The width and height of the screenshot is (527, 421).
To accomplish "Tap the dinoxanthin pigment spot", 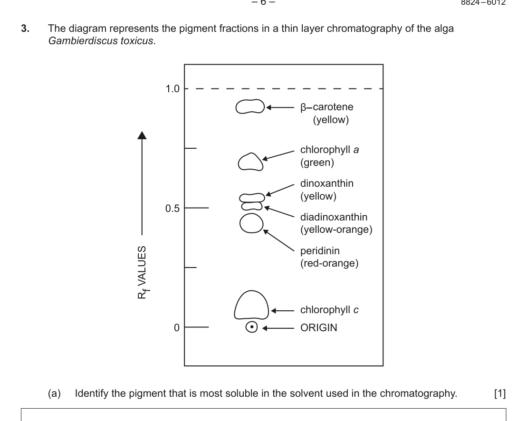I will coord(251,197).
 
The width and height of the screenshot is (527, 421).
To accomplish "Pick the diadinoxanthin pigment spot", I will coord(252,206).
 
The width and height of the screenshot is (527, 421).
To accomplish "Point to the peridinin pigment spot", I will coord(251,223).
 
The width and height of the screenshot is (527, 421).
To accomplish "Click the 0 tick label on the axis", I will coord(176,328).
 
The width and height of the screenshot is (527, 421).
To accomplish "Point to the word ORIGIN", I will coord(319,328).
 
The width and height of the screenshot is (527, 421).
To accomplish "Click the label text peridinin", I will coord(318,251).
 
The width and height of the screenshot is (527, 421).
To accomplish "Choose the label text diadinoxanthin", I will coord(334,218).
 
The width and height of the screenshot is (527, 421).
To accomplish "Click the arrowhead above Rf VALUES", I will coord(142,136).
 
